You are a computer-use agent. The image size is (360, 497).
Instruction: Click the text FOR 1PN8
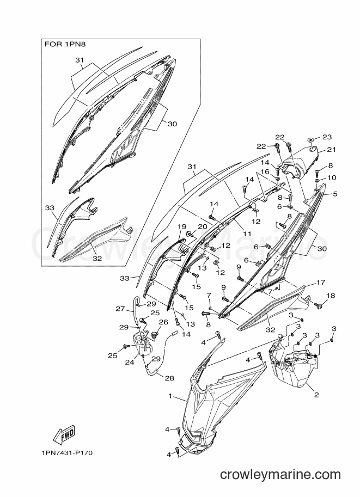[65, 45]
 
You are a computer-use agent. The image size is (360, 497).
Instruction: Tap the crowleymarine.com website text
[280, 474]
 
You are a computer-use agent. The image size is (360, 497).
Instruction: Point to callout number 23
[327, 137]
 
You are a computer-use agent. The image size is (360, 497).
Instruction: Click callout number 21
[332, 149]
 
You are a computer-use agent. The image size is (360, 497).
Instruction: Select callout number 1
[170, 396]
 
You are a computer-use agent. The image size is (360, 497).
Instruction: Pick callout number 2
[316, 395]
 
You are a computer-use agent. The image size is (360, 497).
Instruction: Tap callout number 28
[169, 378]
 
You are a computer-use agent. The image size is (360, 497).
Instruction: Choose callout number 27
[120, 309]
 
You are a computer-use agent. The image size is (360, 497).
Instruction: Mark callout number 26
[163, 322]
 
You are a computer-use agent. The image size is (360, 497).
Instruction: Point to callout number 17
[321, 282]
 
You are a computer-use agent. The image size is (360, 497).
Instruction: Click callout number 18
[331, 296]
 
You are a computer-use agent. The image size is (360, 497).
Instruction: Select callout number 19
[182, 226]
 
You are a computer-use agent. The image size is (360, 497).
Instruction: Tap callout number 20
[203, 226]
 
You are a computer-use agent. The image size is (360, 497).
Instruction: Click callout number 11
[247, 234]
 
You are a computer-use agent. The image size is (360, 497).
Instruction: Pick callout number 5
[335, 194]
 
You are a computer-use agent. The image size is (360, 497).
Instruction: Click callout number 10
[332, 177]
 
